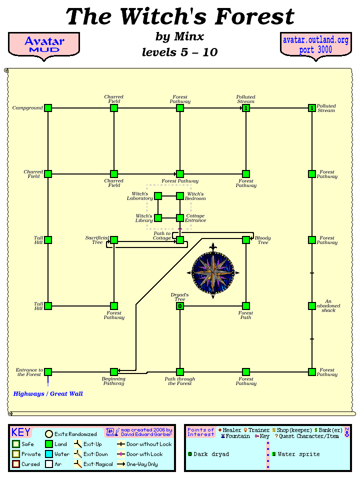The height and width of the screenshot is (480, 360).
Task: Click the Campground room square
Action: pyautogui.click(x=48, y=108)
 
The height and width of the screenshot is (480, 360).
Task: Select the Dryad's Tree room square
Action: pyautogui.click(x=180, y=306)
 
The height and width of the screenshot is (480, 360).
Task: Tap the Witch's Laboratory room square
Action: pyautogui.click(x=158, y=196)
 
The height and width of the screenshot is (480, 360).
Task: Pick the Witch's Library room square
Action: pyautogui.click(x=158, y=218)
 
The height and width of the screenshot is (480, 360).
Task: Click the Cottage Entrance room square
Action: pyautogui.click(x=180, y=218)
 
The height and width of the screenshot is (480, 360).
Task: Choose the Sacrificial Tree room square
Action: pyautogui.click(x=114, y=240)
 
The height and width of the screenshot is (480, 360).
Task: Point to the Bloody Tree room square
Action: pyautogui.click(x=246, y=240)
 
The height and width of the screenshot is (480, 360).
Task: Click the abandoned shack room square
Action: pyautogui.click(x=312, y=306)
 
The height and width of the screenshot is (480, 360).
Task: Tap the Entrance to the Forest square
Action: pyautogui.click(x=48, y=372)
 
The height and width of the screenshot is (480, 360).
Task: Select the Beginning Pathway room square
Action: pyautogui.click(x=114, y=372)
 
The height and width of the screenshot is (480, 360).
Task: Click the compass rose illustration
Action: pyautogui.click(x=213, y=271)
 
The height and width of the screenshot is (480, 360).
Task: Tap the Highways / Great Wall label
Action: pyautogui.click(x=48, y=394)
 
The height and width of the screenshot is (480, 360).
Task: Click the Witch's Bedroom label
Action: pyautogui.click(x=195, y=196)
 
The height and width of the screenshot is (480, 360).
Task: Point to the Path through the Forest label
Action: pyautogui.click(x=180, y=381)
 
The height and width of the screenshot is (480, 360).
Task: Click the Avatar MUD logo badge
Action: pyautogui.click(x=44, y=44)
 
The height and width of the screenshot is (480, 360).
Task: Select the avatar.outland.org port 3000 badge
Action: pyautogui.click(x=315, y=44)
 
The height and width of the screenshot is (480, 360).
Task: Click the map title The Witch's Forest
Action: pyautogui.click(x=180, y=17)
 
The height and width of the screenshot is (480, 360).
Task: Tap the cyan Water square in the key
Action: pyautogui.click(x=49, y=454)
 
